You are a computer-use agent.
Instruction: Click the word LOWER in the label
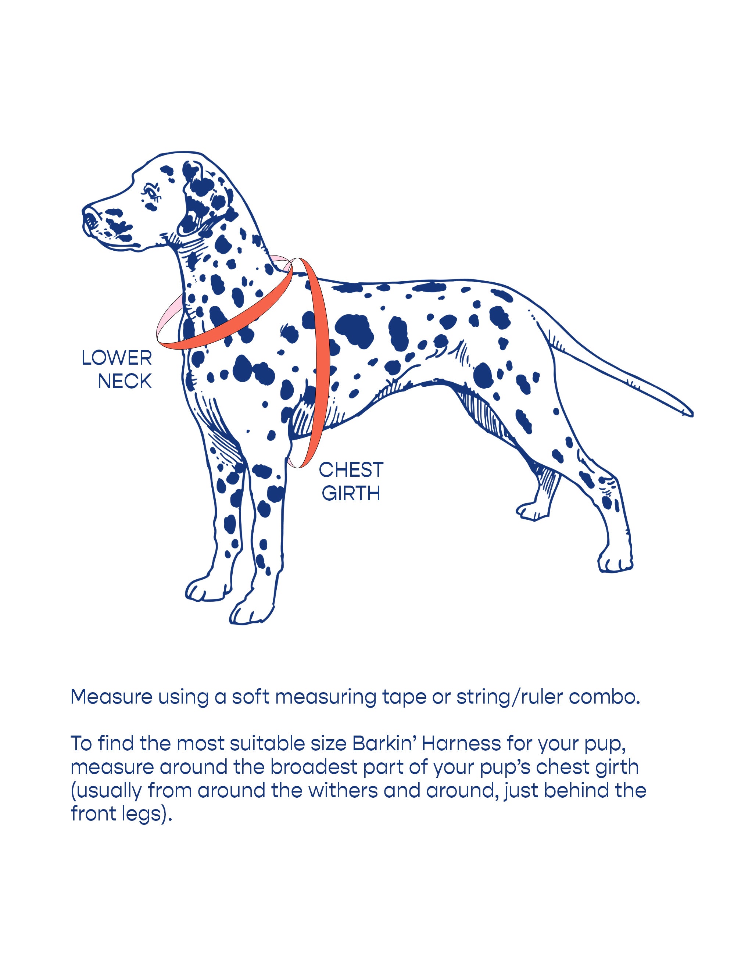pos(117,358)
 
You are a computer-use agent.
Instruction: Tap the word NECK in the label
pos(125,382)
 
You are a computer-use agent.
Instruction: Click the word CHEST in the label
pos(351,470)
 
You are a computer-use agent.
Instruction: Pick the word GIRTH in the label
pos(351,494)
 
